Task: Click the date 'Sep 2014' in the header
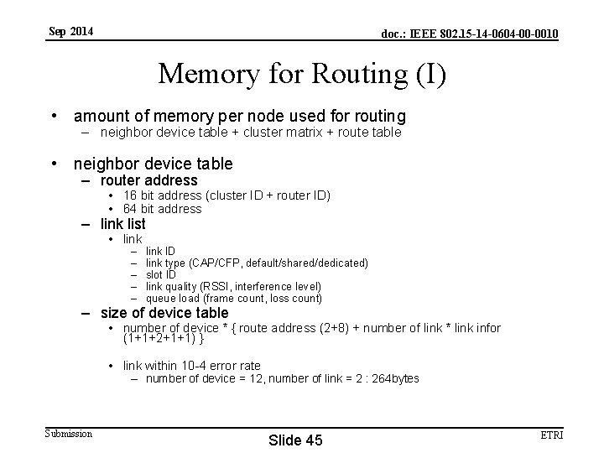click(71, 32)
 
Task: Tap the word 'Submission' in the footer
click(69, 433)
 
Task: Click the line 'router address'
click(148, 180)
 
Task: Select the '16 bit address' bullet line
click(226, 195)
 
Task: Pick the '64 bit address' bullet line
click(162, 209)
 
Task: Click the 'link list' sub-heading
click(122, 224)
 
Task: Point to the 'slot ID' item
click(161, 274)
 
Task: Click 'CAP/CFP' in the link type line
click(211, 263)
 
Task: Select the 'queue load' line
click(233, 298)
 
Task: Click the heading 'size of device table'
click(164, 313)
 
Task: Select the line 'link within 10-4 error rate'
click(191, 365)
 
